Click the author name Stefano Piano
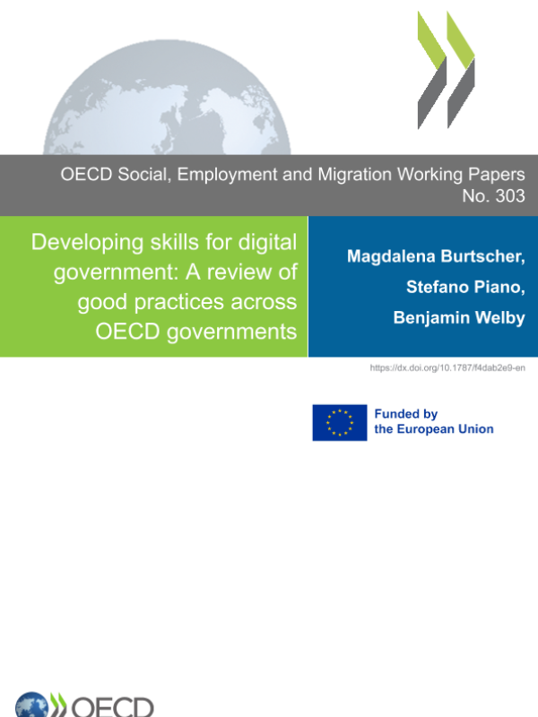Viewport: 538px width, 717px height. click(x=465, y=288)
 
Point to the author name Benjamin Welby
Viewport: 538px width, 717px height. click(x=459, y=318)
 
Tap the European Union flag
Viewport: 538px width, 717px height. click(x=340, y=422)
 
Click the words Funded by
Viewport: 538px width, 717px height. click(x=405, y=414)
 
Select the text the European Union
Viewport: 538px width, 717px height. click(x=434, y=429)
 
